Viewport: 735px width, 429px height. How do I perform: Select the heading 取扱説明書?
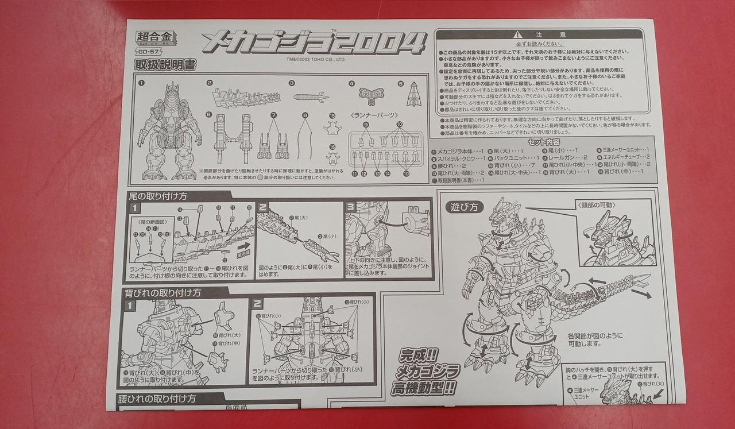pyautogui.click(x=165, y=65)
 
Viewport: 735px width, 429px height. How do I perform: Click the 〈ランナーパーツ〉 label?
pyautogui.click(x=374, y=114)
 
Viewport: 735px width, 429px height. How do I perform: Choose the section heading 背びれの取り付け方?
pyautogui.click(x=163, y=292)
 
